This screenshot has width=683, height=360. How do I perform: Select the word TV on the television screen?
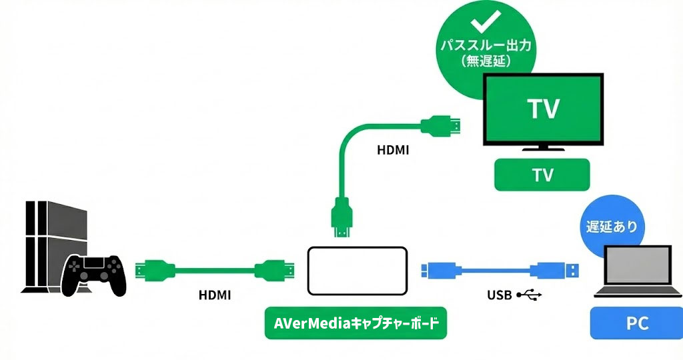[x=543, y=109]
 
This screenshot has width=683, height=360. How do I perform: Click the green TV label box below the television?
[x=542, y=175]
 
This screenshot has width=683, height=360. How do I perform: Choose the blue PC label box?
[x=637, y=324]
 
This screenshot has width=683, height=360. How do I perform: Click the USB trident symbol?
[x=530, y=293]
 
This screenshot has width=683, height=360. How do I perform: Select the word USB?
[x=500, y=293]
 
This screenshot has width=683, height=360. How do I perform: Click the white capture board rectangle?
[x=357, y=271]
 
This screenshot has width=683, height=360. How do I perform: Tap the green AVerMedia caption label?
[x=356, y=323]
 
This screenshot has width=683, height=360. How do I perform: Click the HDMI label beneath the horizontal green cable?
[x=215, y=294]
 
